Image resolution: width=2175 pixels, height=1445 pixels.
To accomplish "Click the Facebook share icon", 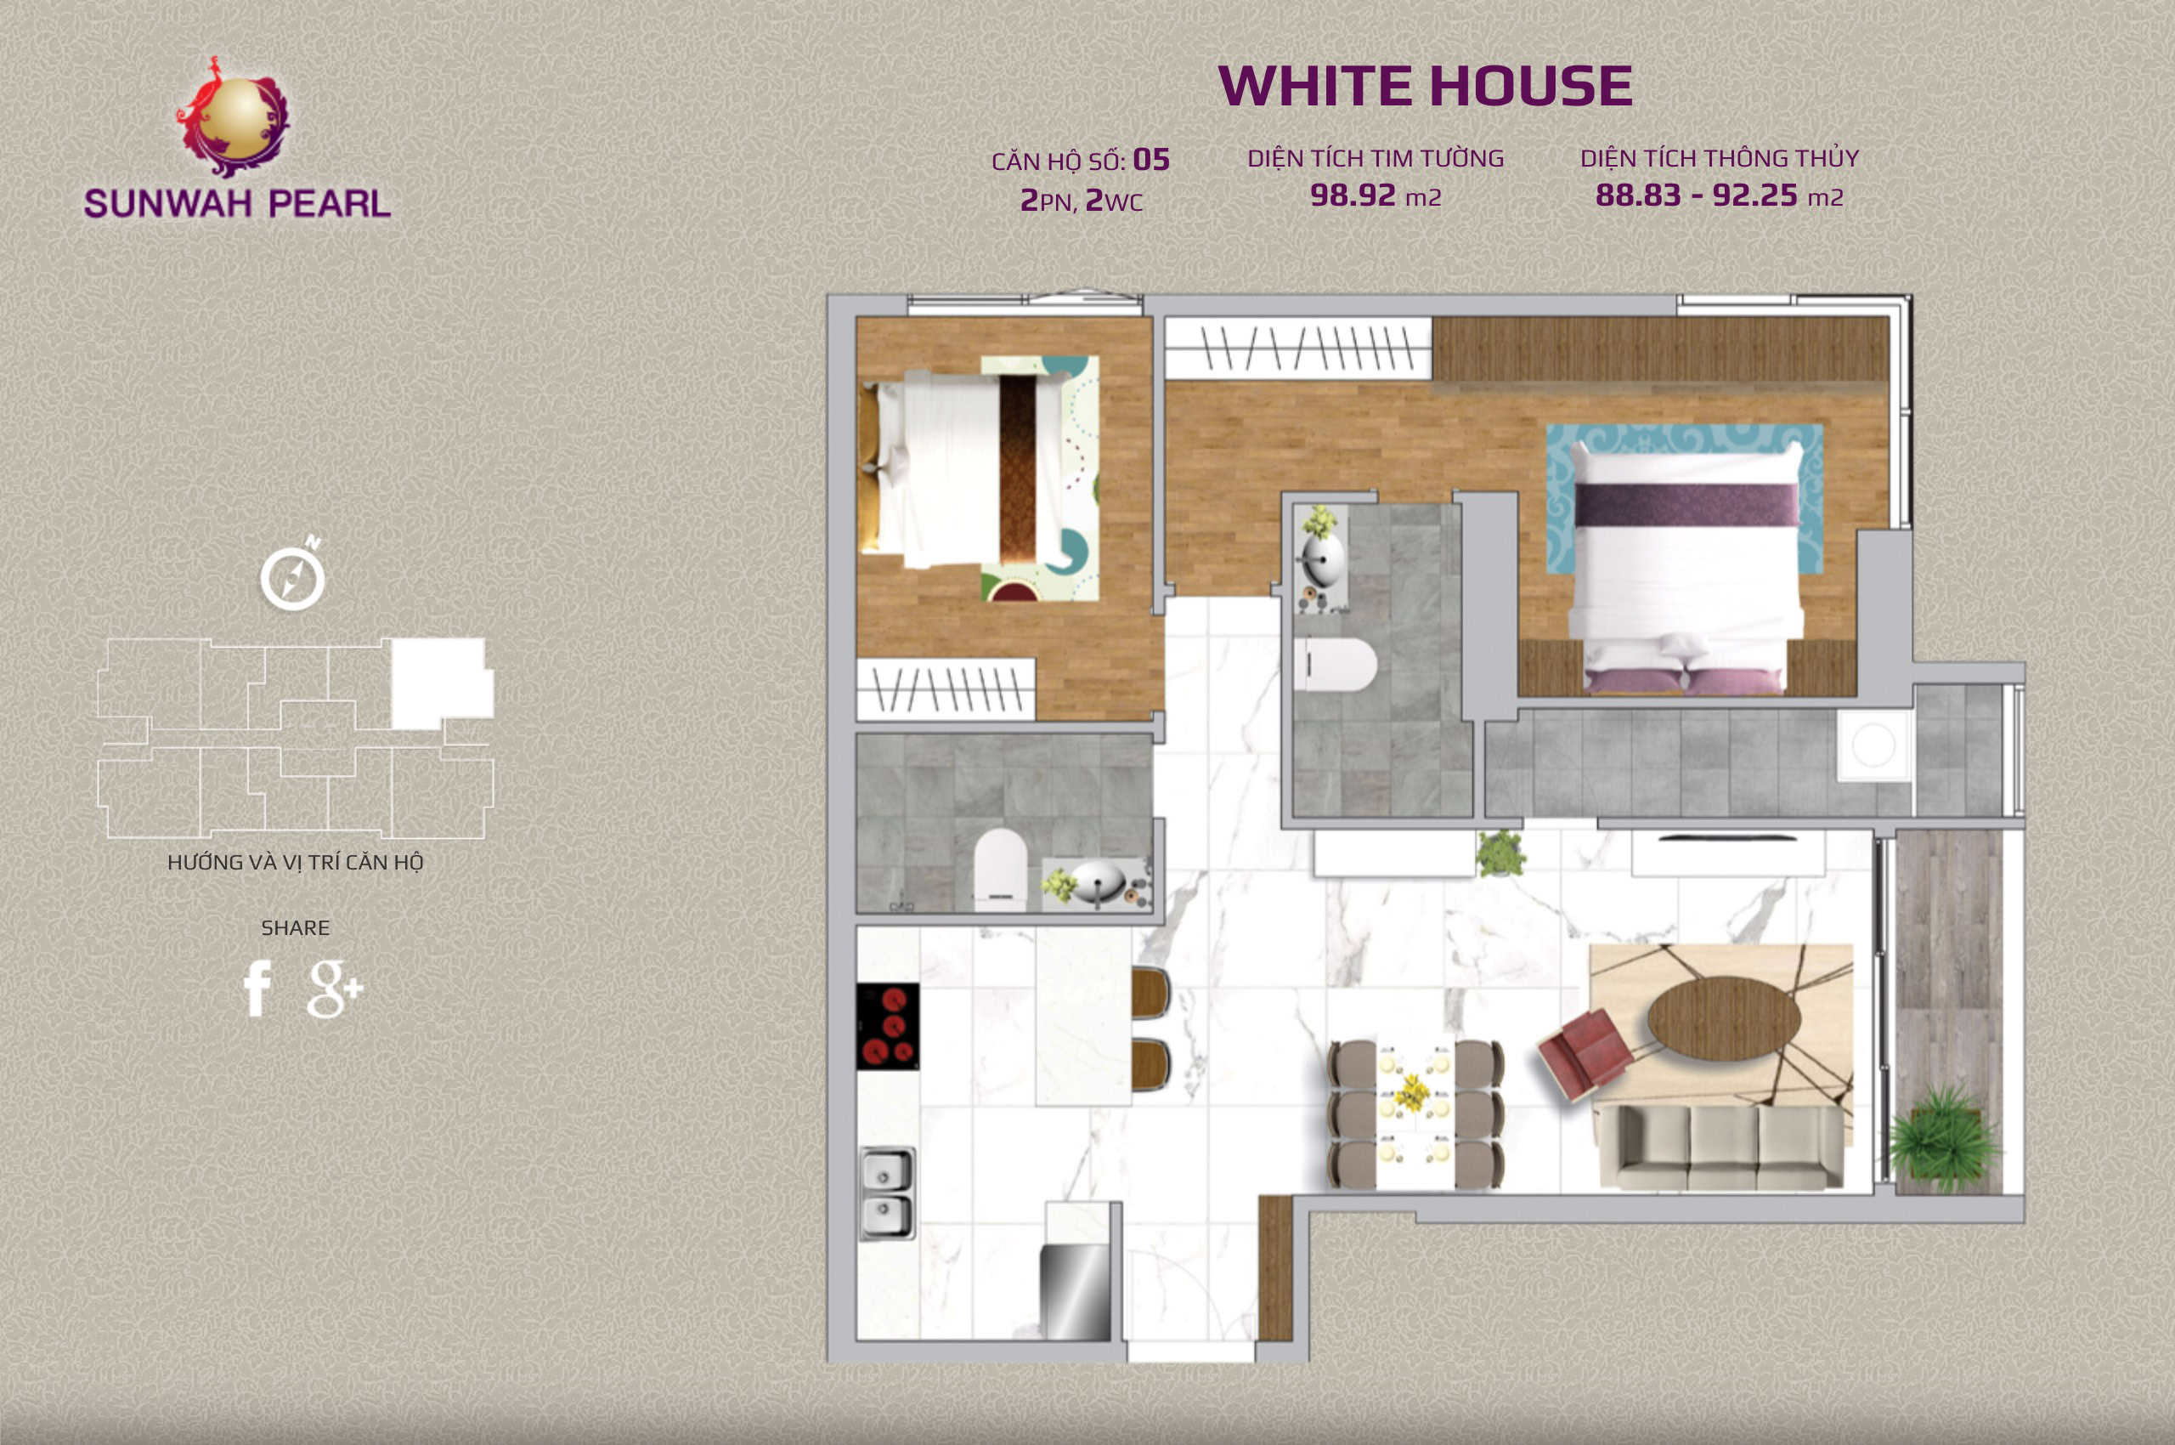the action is pyautogui.click(x=257, y=988).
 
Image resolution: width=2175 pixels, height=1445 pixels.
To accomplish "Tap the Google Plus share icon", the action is pyautogui.click(x=335, y=989).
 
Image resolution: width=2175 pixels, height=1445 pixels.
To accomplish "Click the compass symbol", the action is pyautogui.click(x=293, y=575).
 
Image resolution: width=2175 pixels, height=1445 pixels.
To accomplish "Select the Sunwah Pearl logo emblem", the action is pyautogui.click(x=234, y=117).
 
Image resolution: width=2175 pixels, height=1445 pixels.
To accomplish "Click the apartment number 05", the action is pyautogui.click(x=1150, y=160).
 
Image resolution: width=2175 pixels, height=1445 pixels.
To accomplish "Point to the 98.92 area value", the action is pyautogui.click(x=1353, y=195).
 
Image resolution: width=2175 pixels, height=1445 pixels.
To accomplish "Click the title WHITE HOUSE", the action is pyautogui.click(x=1425, y=86).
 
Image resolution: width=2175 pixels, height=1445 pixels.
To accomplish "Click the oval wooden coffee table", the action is pyautogui.click(x=1724, y=1018).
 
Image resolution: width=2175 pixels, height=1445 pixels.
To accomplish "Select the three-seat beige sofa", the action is pyautogui.click(x=1720, y=1147).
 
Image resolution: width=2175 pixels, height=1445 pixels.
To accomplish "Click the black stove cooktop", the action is pyautogui.click(x=887, y=1026).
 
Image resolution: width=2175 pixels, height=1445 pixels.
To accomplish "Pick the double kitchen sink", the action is pyautogui.click(x=887, y=1193).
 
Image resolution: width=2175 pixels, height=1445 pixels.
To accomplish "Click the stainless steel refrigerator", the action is pyautogui.click(x=1075, y=1292).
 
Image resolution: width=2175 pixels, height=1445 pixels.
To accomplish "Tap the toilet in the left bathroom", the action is pyautogui.click(x=1001, y=869).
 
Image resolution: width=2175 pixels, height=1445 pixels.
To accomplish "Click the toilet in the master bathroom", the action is pyautogui.click(x=1335, y=665).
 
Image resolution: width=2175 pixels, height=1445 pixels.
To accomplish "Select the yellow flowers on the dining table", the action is pyautogui.click(x=1410, y=1093).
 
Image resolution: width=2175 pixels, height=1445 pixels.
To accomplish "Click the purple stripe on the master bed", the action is pyautogui.click(x=1686, y=505).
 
